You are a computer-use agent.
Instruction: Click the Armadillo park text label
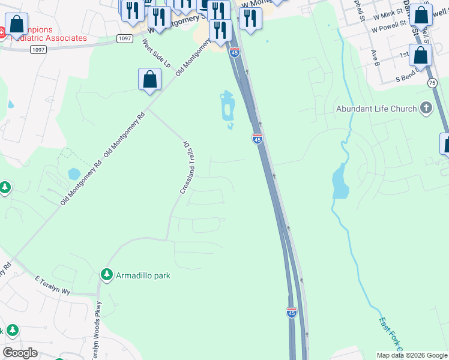pos(143,275)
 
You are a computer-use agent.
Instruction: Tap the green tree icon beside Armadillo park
pos(107,275)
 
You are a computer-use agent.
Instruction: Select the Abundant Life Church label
pos(376,109)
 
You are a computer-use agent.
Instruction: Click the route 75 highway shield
pos(432,82)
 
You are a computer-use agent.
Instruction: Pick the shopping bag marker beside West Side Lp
pos(149,79)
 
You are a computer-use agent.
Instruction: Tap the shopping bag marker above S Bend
pos(421,55)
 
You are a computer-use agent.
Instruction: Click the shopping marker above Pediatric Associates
pos(16,24)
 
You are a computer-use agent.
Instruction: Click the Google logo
pos(20,353)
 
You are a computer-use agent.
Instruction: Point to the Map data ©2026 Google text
pos(411,355)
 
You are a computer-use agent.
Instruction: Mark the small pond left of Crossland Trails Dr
pos(74,174)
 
